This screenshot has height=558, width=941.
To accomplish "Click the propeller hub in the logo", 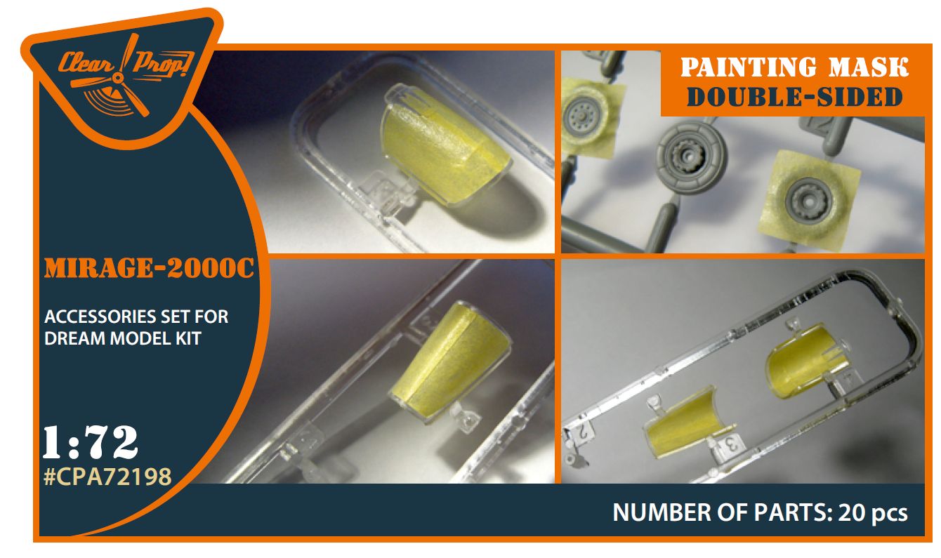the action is coord(119,77).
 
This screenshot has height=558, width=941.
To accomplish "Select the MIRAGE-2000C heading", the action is coord(149,268).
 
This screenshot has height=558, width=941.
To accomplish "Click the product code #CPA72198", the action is coord(107,477).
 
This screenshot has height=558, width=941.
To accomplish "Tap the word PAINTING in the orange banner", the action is coord(749,67).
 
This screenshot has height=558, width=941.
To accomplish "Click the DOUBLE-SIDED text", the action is coord(795,98).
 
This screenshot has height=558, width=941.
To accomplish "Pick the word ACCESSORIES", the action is coord(100,317).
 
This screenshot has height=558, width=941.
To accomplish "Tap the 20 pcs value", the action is coord(873,513).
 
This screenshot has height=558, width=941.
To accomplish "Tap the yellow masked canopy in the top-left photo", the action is coord(445,147).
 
